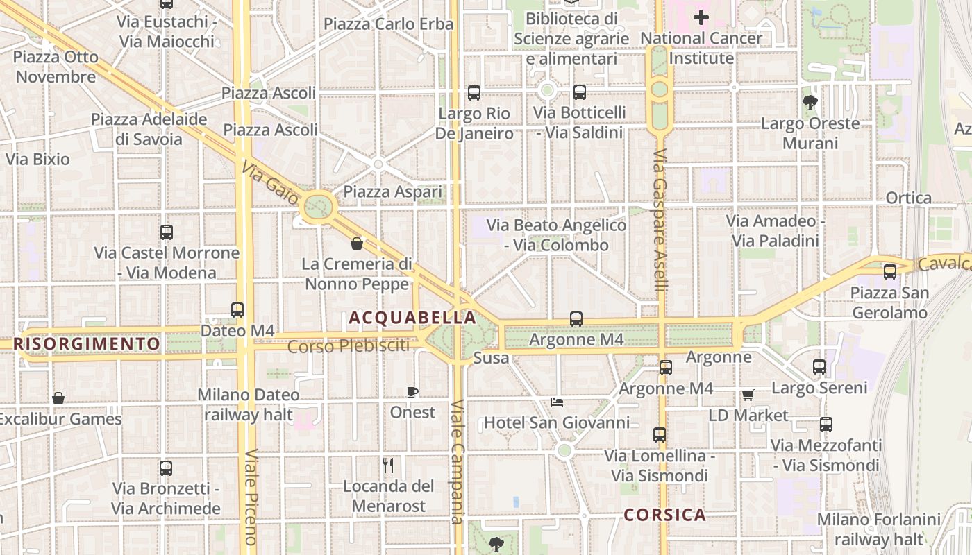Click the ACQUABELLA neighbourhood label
pyautogui.click(x=412, y=318)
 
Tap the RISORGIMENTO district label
pyautogui.click(x=87, y=343)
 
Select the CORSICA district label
pyautogui.click(x=664, y=515)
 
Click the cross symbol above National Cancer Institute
pyautogui.click(x=701, y=17)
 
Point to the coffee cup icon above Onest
pyautogui.click(x=412, y=393)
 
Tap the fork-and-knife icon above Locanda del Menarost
pyautogui.click(x=388, y=466)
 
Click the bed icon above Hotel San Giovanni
pyautogui.click(x=556, y=402)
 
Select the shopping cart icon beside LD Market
pyautogui.click(x=748, y=395)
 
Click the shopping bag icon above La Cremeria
pyautogui.click(x=357, y=244)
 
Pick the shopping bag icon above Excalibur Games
pyautogui.click(x=58, y=398)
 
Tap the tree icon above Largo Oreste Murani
pyautogui.click(x=810, y=103)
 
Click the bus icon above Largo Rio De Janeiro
pyautogui.click(x=474, y=92)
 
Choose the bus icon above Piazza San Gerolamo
pyautogui.click(x=889, y=272)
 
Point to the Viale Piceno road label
pyautogui.click(x=251, y=497)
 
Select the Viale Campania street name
pyautogui.click(x=456, y=462)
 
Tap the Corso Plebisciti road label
pyautogui.click(x=349, y=345)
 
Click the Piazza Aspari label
pyautogui.click(x=393, y=192)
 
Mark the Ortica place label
pyautogui.click(x=909, y=198)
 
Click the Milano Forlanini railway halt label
pyautogui.click(x=878, y=529)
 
